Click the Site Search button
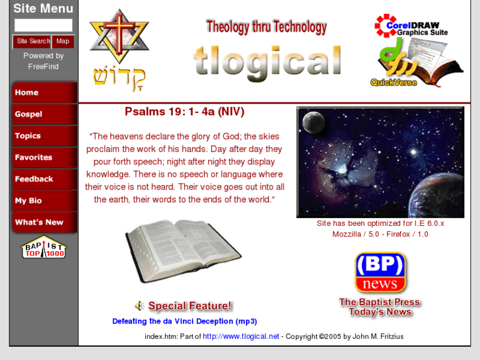tap(32, 41)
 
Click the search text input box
tap(43, 25)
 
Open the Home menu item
tap(44, 92)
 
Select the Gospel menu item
tap(44, 114)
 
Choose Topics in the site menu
tap(44, 136)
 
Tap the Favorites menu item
tap(44, 157)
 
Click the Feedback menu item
tap(44, 179)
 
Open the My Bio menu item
tap(44, 201)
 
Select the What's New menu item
tap(44, 223)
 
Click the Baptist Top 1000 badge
tap(44, 247)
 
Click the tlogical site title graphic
tap(267, 61)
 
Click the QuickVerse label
tap(394, 83)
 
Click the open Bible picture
tap(184, 251)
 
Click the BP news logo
tap(380, 272)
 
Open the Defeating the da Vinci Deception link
tap(184, 322)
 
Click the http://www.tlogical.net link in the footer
tap(241, 336)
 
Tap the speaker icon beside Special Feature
tap(139, 306)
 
